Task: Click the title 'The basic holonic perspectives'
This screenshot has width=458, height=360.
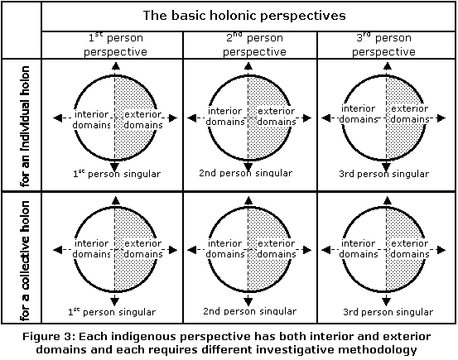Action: pos(244,16)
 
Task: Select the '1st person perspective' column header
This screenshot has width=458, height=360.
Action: pos(115,45)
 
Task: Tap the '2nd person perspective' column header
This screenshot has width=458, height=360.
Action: pos(254,45)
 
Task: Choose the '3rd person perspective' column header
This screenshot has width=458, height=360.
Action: pos(383,45)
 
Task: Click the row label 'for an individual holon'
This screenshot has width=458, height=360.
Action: pos(25,126)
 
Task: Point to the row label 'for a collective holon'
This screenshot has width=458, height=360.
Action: pos(25,261)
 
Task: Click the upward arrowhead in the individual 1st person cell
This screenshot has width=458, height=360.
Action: pos(116,66)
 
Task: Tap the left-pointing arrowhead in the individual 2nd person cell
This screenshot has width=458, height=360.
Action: pos(191,118)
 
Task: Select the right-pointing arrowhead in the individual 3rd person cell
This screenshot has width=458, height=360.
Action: pos(441,118)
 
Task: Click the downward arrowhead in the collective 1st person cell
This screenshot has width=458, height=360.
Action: pos(115,301)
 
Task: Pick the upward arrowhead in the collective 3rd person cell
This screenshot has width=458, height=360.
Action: pos(387,200)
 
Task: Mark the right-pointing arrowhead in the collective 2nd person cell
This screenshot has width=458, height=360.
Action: pos(307,250)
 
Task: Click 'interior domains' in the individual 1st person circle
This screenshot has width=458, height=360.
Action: pos(92,119)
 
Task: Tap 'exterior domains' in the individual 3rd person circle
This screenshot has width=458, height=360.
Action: pos(410,114)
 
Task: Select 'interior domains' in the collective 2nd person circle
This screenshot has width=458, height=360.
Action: pos(225,249)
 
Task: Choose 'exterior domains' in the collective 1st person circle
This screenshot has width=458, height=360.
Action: pos(143,249)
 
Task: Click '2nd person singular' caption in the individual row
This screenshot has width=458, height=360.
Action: pos(246,173)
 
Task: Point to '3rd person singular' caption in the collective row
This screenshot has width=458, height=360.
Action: pos(388,312)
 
